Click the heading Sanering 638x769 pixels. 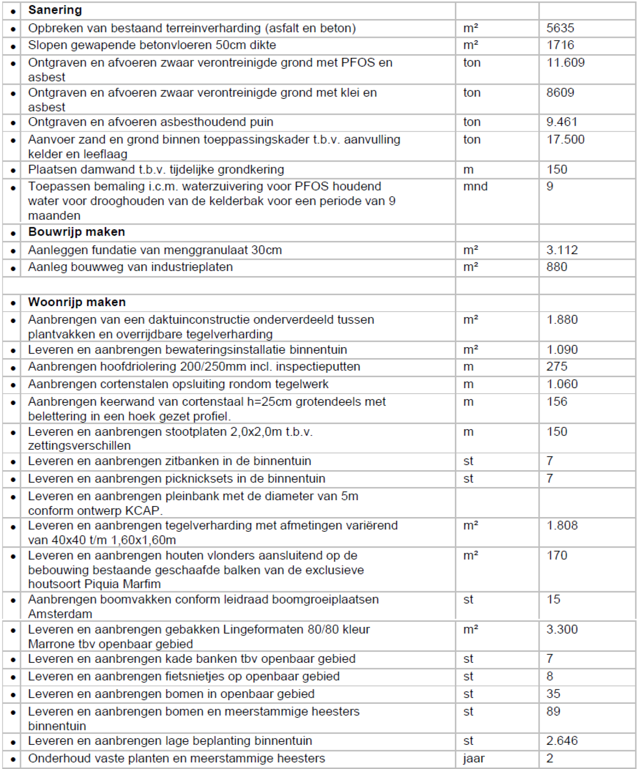[55, 10]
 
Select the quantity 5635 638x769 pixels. [560, 28]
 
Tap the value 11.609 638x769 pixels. [565, 62]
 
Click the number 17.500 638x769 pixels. [565, 139]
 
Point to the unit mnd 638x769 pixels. [475, 186]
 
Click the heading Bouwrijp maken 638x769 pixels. [76, 232]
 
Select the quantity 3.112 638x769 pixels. [562, 250]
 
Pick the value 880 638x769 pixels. [557, 267]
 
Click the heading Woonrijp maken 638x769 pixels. [77, 302]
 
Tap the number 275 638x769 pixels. [557, 367]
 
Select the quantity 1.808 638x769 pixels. [562, 526]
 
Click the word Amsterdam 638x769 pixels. [60, 614]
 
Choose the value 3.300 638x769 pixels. [562, 630]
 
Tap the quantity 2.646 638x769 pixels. [562, 741]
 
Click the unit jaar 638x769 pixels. [474, 759]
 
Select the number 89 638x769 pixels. [553, 712]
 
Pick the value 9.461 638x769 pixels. [562, 122]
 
